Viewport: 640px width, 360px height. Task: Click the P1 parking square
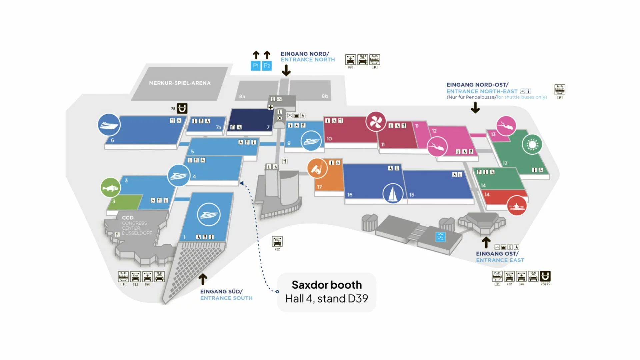(x=255, y=66)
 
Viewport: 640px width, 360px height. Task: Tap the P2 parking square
(x=267, y=66)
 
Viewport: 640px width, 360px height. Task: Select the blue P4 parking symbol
(x=440, y=237)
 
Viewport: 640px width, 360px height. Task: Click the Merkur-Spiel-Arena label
(x=180, y=83)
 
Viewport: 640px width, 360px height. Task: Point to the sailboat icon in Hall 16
(x=393, y=193)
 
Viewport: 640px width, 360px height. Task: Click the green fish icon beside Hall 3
(x=110, y=188)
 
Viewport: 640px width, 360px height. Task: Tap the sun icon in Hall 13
(x=532, y=144)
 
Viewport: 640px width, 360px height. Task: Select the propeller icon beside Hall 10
(x=376, y=122)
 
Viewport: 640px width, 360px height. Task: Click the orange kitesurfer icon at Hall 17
(x=317, y=169)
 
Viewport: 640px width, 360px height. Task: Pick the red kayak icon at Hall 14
(x=517, y=206)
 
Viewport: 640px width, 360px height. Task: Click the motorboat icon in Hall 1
(x=209, y=214)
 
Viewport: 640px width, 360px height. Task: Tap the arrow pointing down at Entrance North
(x=286, y=70)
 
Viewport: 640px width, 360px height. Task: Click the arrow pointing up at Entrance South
(x=203, y=279)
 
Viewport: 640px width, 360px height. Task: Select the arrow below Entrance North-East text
(x=475, y=108)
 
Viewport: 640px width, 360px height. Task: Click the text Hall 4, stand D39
(x=326, y=299)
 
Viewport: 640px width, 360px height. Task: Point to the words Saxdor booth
(x=327, y=285)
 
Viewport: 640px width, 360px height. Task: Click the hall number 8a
(x=242, y=97)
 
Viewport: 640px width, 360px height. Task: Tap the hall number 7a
(x=218, y=128)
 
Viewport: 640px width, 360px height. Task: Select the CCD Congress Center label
(x=137, y=225)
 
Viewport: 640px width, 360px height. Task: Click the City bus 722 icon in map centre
(x=277, y=241)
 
